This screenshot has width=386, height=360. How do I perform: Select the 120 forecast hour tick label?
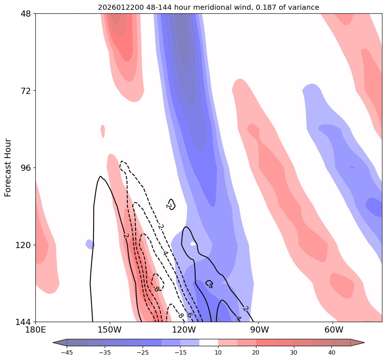(23, 245)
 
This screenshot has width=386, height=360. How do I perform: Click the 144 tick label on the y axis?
(23, 322)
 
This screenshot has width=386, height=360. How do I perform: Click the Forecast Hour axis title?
(8, 168)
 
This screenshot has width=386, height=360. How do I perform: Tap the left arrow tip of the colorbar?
(54, 343)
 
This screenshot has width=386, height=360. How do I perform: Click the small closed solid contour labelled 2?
(171, 204)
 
